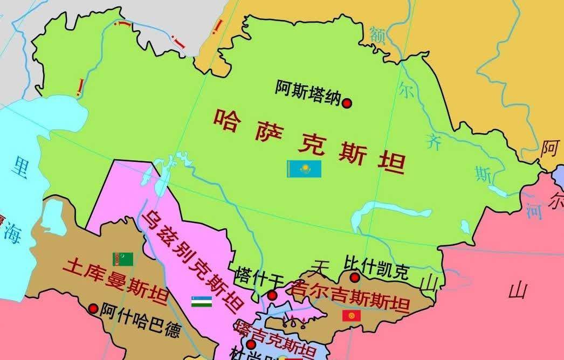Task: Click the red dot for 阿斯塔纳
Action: coord(347,102)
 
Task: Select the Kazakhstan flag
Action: coord(304,169)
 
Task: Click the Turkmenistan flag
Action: coord(122,259)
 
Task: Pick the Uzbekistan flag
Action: coord(201,301)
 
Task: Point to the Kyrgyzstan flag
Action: coord(351,316)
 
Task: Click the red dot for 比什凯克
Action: coord(354,278)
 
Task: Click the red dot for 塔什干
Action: coord(272,295)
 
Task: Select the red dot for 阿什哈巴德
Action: coord(93,309)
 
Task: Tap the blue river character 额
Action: coord(377,34)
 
